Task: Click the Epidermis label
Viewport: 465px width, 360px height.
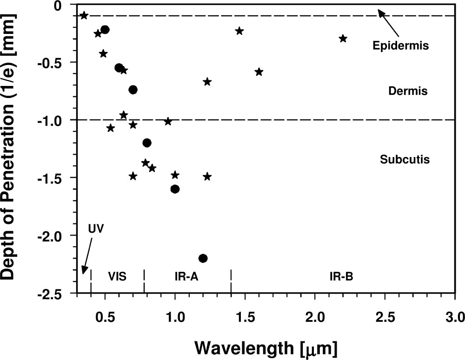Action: pyautogui.click(x=400, y=46)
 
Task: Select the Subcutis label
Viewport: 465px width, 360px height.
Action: pyautogui.click(x=404, y=160)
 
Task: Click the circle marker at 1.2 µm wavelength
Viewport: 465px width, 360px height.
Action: pyautogui.click(x=203, y=258)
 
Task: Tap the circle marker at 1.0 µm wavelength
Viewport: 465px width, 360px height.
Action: pyautogui.click(x=175, y=189)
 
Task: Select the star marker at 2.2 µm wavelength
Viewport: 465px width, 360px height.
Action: pyautogui.click(x=343, y=38)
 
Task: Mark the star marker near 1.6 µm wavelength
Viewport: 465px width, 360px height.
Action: pyautogui.click(x=259, y=72)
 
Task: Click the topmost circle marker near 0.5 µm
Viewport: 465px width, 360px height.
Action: pyautogui.click(x=105, y=30)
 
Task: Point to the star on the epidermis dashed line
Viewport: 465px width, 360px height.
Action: pyautogui.click(x=84, y=15)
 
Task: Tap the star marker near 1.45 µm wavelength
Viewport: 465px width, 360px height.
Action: pyautogui.click(x=239, y=31)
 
